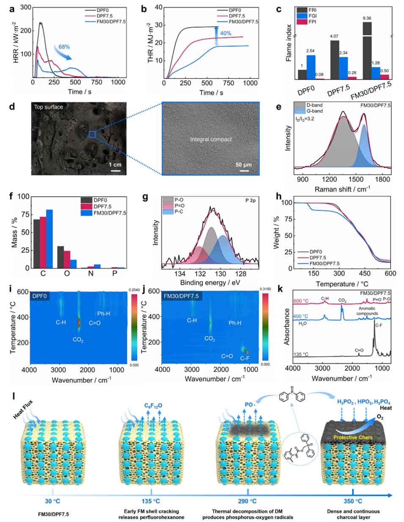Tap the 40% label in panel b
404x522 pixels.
(x=225, y=33)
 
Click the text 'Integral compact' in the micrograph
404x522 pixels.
(x=211, y=139)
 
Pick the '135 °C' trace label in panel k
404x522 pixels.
(x=302, y=354)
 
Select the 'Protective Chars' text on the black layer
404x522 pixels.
(x=354, y=437)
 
